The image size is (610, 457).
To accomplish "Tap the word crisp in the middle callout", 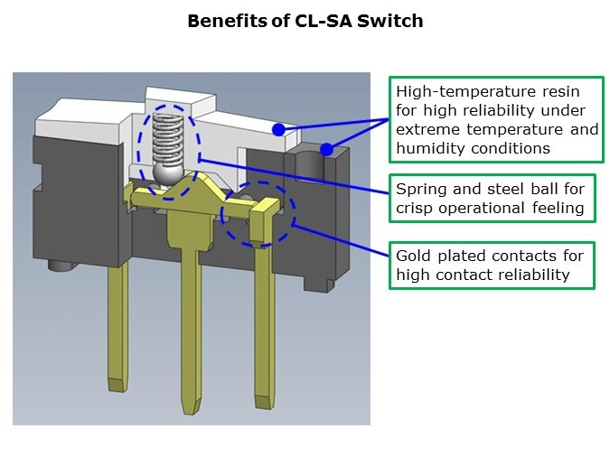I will coord(414,209).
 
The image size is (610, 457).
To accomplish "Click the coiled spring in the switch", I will coord(164,136).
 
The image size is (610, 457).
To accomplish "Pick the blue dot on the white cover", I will coord(278,130).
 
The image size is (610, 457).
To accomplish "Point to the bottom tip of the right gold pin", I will coord(263,397).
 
